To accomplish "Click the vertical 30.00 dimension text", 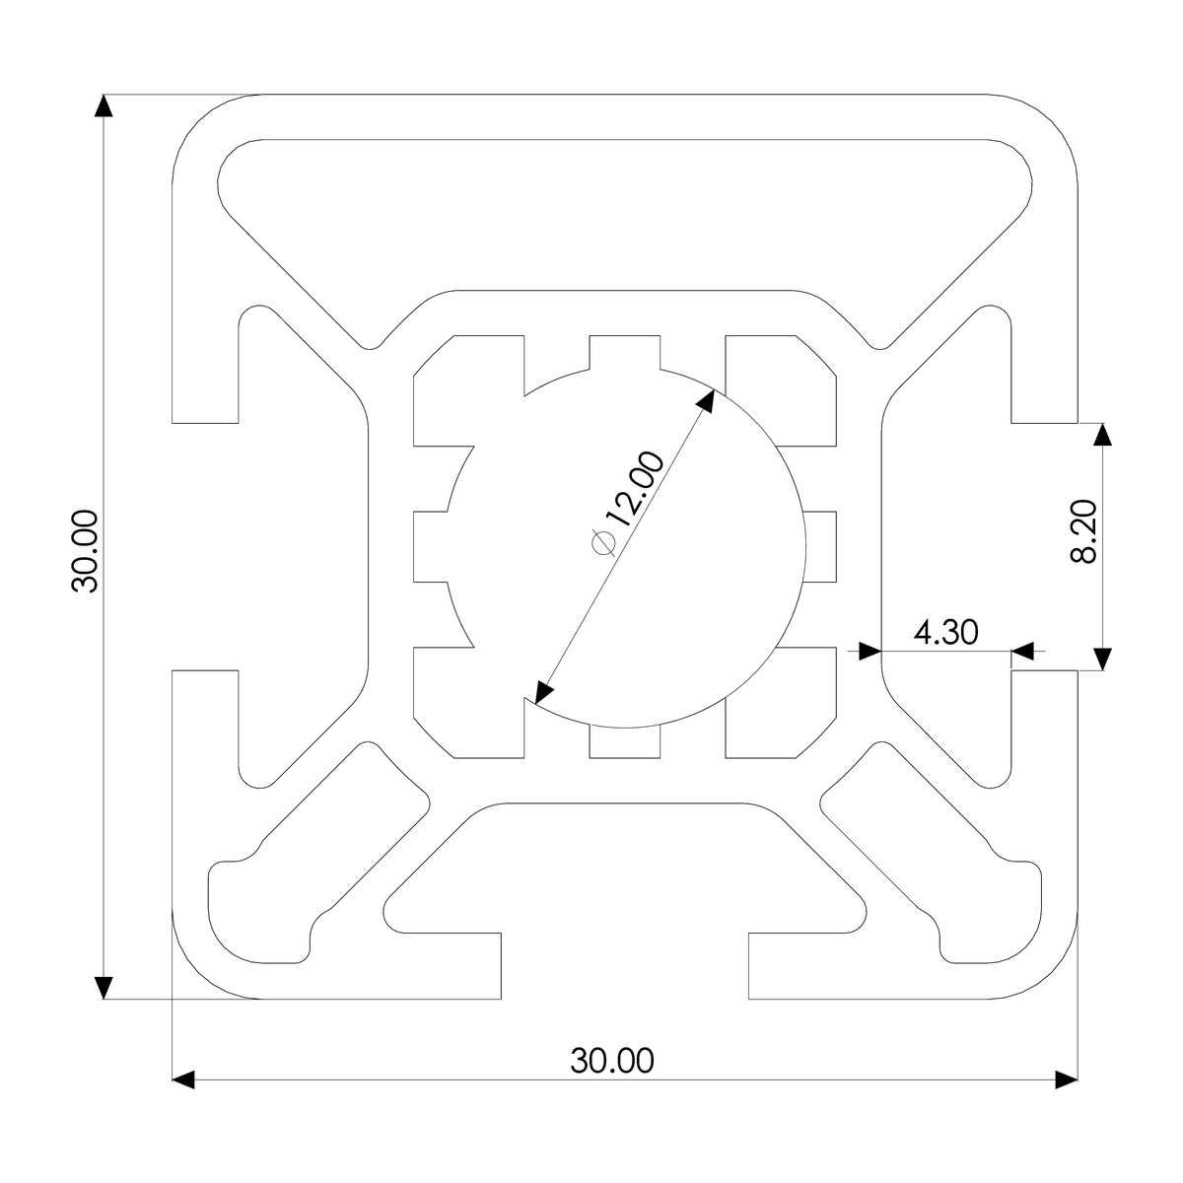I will point(86,551).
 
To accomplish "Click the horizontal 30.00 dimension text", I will point(611,1061).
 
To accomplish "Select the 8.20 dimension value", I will point(1083,531).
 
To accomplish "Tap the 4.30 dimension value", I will point(946,632).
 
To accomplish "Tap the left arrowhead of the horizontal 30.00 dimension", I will point(184,1079).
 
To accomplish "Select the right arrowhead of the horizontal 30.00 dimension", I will point(1065,1079).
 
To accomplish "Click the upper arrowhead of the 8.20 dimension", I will point(1102,436).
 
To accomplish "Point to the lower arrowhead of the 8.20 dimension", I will point(1102,659).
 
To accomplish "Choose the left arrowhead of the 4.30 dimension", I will point(869,651).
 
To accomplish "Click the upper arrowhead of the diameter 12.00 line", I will point(706,399).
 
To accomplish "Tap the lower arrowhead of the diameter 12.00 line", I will point(541,693).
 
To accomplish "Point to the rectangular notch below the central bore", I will point(623,741).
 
